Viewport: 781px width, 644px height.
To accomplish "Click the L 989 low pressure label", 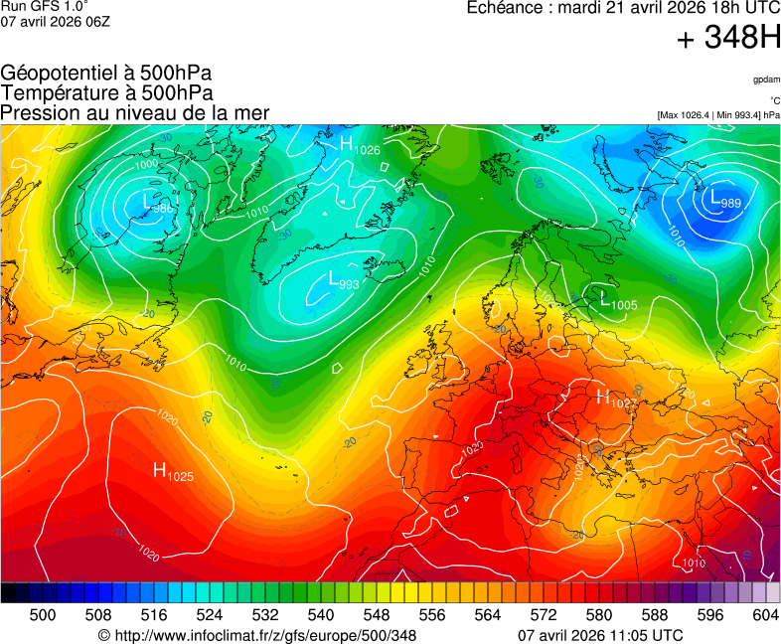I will (724, 199).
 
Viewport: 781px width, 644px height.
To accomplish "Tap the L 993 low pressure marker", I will (343, 282).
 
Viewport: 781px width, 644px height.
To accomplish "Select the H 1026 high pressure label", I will (360, 146).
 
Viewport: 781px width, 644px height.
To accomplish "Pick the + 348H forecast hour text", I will (727, 40).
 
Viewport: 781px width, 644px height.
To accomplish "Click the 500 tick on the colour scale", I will (42, 616).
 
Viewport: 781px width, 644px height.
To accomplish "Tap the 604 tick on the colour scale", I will (765, 616).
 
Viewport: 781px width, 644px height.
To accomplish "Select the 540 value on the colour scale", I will (320, 616).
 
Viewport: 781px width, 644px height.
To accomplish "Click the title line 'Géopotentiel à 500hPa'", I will (106, 74).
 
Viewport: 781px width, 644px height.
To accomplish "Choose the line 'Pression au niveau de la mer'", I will (135, 112).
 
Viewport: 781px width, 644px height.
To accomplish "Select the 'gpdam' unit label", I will (766, 79).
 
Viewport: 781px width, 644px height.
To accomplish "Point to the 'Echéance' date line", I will (623, 8).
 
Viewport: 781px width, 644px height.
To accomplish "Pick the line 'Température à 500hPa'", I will (106, 92).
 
